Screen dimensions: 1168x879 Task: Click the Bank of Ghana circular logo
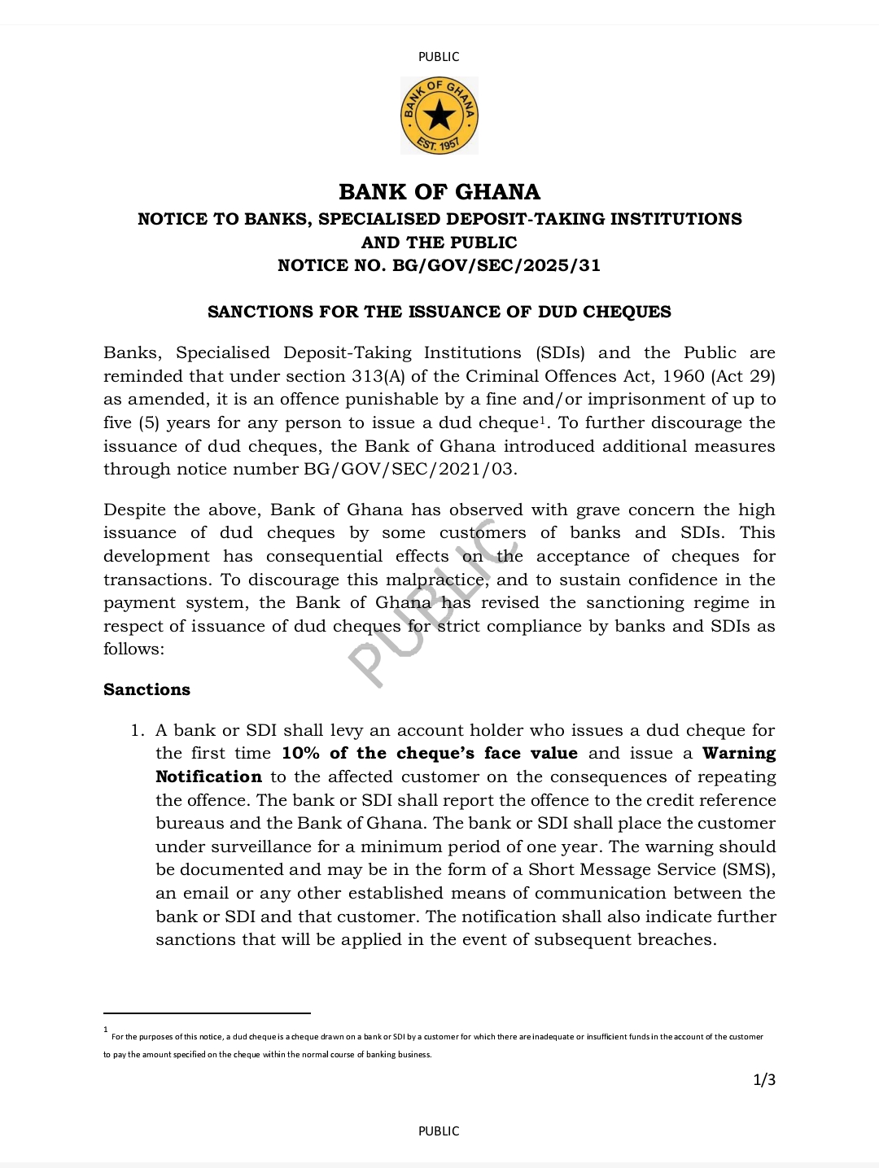[x=439, y=116]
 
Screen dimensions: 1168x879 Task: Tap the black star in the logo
[x=439, y=116]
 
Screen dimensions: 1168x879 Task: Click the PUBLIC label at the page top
[x=439, y=57]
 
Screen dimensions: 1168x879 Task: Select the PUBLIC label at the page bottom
[x=439, y=1131]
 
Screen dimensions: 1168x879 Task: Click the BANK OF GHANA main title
[x=439, y=192]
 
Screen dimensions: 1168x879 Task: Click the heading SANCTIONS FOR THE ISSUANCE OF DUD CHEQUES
[x=439, y=312]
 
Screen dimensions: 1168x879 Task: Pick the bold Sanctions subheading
[x=146, y=689]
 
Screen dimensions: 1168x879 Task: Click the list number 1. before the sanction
[x=138, y=730]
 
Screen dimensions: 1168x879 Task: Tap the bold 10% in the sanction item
[x=300, y=753]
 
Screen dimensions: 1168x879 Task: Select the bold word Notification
[x=208, y=776]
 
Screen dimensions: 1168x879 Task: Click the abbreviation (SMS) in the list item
[x=748, y=869]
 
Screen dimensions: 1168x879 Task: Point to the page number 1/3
[x=764, y=1080]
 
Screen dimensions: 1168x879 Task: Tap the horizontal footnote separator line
[x=207, y=1013]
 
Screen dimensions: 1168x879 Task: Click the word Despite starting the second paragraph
[x=133, y=510]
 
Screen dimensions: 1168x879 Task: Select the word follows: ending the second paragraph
[x=133, y=649]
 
